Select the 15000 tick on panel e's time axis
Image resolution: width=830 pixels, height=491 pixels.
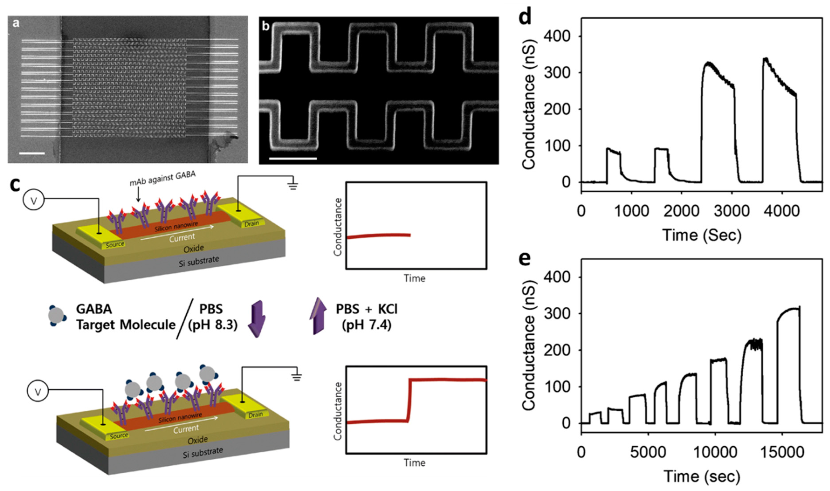pos(782,452)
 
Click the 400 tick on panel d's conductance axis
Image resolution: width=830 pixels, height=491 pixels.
pos(557,36)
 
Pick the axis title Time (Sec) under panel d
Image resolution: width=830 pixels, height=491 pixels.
pos(702,235)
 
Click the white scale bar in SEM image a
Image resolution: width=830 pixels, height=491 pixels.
pos(32,153)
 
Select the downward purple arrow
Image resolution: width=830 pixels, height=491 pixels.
pos(257,318)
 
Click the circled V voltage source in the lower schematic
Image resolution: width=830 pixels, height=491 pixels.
pos(38,392)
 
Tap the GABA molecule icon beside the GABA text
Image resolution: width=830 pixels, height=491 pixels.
pos(56,316)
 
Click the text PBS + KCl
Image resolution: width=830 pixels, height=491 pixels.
pos(366,309)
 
